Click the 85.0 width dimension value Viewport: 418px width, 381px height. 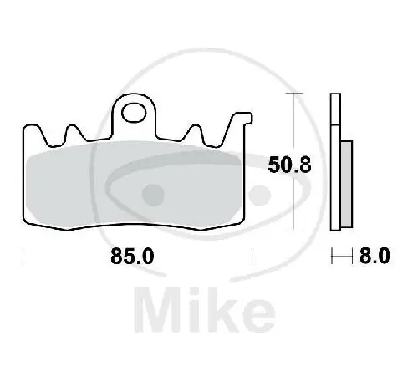(132, 257)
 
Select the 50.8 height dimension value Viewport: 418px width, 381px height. (289, 165)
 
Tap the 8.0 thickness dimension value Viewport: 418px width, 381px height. (375, 257)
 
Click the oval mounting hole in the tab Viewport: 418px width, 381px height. (134, 113)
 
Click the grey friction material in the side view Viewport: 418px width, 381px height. (347, 184)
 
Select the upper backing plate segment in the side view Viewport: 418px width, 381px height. (335, 109)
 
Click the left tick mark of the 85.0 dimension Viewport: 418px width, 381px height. (23, 257)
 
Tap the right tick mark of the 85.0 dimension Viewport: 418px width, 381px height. (252, 257)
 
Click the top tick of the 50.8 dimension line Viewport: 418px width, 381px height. (294, 93)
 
